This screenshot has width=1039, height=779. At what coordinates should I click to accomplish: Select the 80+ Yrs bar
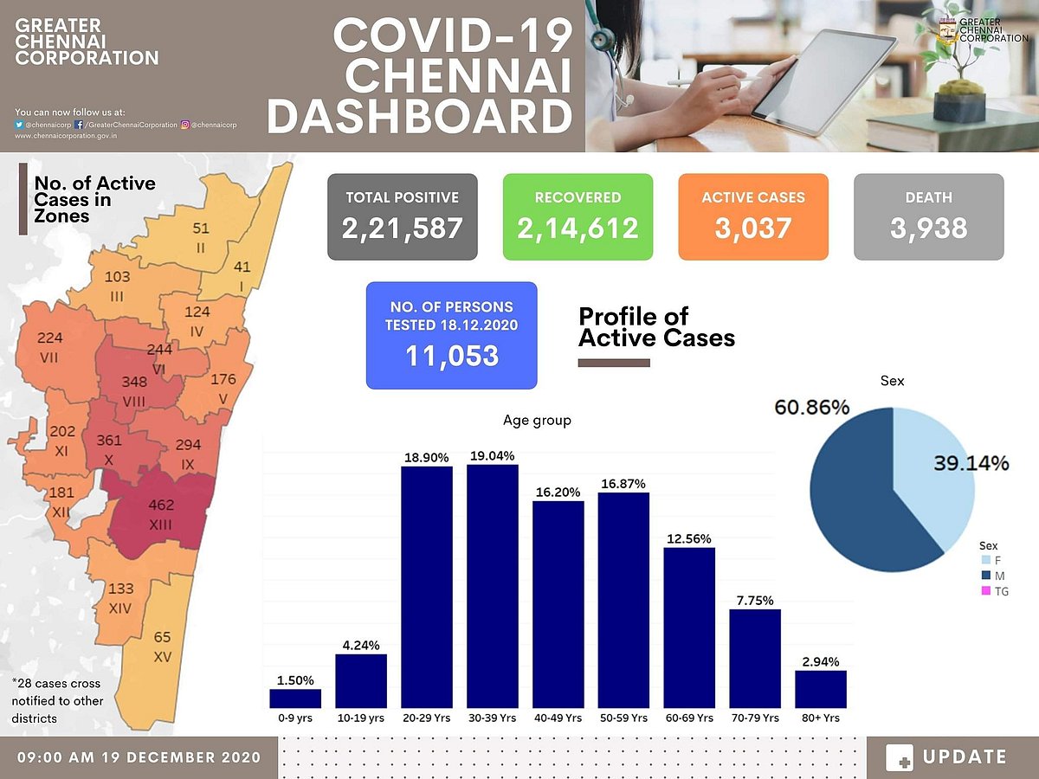(821, 689)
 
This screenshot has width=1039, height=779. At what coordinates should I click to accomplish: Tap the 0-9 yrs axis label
(295, 718)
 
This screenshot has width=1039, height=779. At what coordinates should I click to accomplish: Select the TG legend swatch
(984, 592)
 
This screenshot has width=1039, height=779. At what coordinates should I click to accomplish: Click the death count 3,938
(928, 228)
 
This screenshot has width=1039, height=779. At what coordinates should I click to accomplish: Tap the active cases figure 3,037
(752, 228)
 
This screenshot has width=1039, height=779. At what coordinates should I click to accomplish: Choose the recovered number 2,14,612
(578, 228)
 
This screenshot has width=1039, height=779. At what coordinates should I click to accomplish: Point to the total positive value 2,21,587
(402, 228)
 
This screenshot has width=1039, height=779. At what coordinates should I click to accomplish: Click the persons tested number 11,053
(451, 355)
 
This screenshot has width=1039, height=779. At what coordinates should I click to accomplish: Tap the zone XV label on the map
(162, 658)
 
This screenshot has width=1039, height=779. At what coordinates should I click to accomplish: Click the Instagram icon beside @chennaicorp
(185, 125)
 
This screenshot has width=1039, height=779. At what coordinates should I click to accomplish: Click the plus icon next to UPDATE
(900, 757)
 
